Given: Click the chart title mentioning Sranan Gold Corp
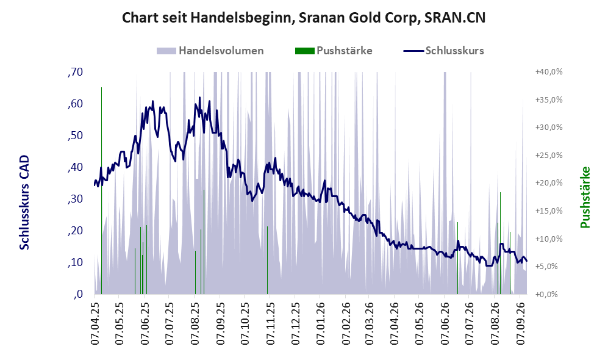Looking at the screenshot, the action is [x=304, y=18].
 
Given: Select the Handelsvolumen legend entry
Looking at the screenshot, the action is [x=210, y=51].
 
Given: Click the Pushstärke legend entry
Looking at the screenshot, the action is [x=334, y=51].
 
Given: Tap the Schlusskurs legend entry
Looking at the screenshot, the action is [x=443, y=51].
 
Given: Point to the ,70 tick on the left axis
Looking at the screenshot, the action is [x=75, y=72].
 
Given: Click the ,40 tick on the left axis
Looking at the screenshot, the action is [x=75, y=167].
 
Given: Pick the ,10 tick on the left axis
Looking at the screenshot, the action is [x=75, y=262].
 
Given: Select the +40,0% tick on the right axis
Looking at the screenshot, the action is [x=549, y=72].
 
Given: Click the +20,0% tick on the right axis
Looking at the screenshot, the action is [x=549, y=182].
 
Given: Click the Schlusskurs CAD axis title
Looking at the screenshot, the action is [x=24, y=202].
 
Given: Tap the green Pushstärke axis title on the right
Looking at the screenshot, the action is [x=585, y=197].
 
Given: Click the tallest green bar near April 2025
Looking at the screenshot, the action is [x=102, y=190].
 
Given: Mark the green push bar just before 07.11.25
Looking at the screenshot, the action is [x=267, y=261].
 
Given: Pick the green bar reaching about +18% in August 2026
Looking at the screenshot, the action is [x=500, y=243].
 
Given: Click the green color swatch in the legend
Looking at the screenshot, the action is [x=304, y=51].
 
